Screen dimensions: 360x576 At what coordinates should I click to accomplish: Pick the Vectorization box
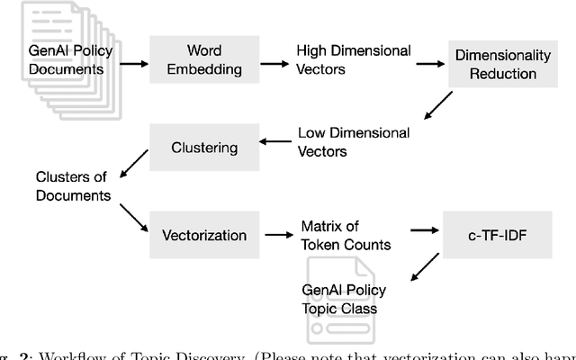(204, 235)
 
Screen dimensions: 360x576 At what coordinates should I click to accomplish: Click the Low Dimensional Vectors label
(354, 142)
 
